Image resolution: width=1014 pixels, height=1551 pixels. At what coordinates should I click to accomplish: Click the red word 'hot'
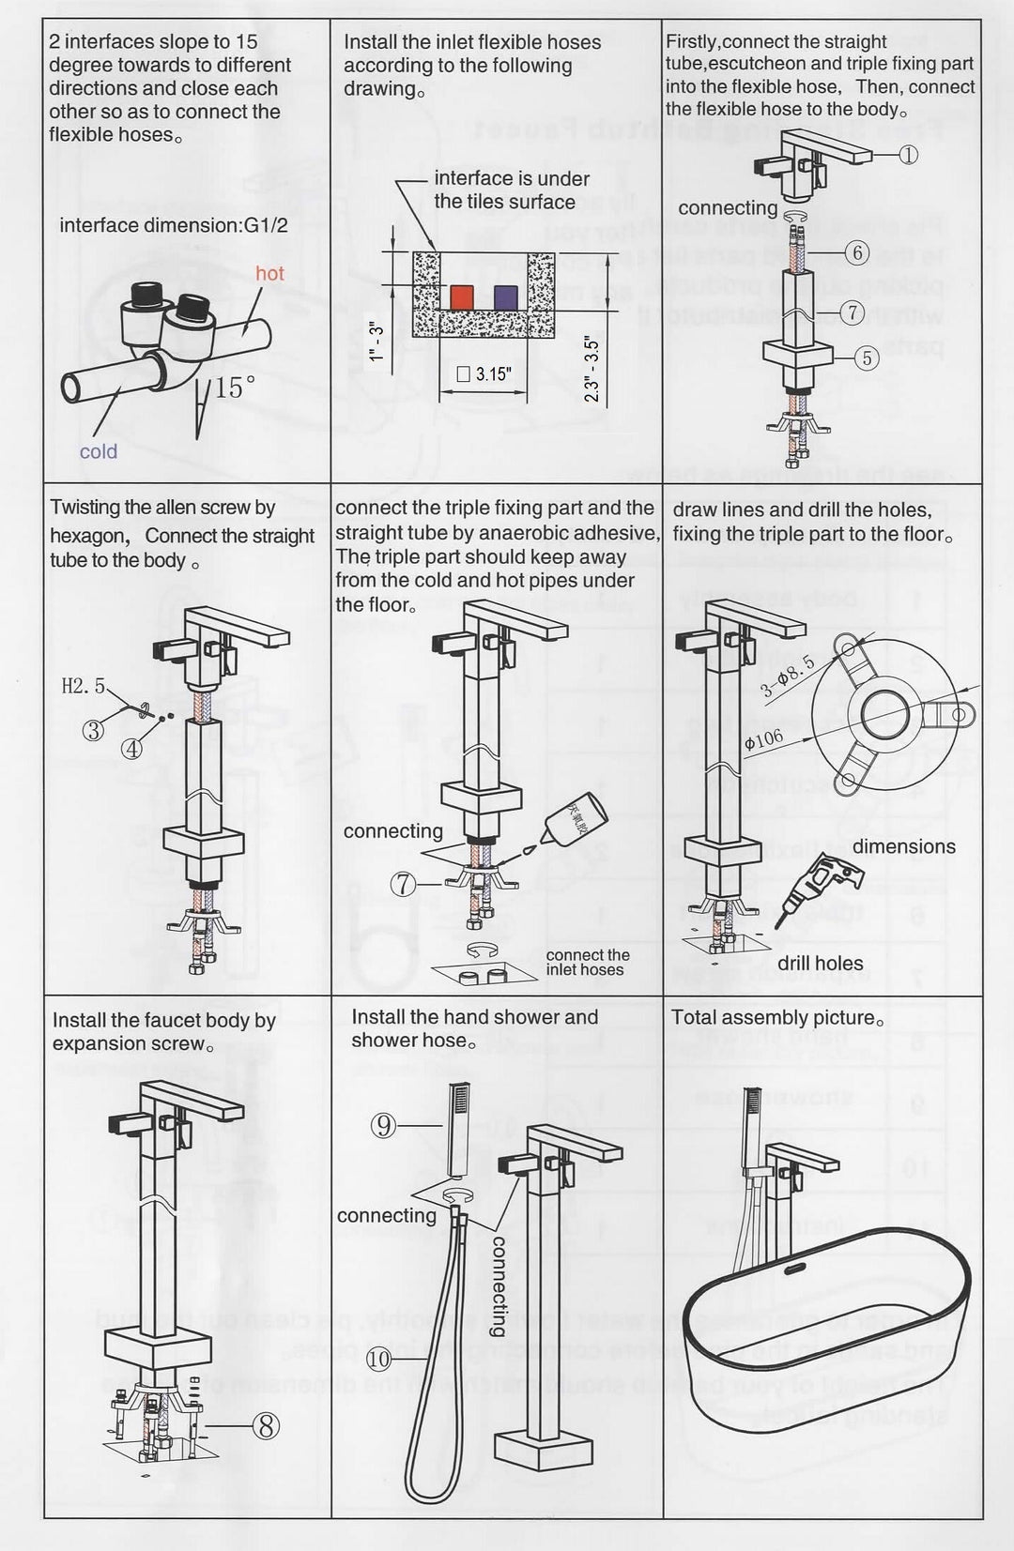[x=269, y=273]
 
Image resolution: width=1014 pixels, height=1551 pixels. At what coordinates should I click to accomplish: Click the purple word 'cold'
[x=99, y=451]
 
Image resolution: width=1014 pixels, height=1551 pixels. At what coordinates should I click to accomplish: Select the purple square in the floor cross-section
[x=506, y=297]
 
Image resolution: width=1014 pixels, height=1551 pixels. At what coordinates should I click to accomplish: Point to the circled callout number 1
[x=908, y=156]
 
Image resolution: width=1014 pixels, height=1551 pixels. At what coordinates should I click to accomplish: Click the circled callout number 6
[x=856, y=252]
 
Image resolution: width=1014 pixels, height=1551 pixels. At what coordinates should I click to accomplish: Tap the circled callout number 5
[x=866, y=357]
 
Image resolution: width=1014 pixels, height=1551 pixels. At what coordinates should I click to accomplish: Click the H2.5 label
[x=84, y=686]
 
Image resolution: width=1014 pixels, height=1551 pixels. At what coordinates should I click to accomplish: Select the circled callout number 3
[x=93, y=729]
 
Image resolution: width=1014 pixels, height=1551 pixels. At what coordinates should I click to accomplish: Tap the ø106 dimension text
[x=763, y=738]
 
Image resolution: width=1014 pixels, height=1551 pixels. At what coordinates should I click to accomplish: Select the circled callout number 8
[x=267, y=1426]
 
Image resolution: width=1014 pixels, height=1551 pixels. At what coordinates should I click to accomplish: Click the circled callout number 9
[x=383, y=1125]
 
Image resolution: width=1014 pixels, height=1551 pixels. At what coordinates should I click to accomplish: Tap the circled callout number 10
[x=378, y=1358]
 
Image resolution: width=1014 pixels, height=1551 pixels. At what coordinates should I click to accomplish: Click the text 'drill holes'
[x=820, y=963]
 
